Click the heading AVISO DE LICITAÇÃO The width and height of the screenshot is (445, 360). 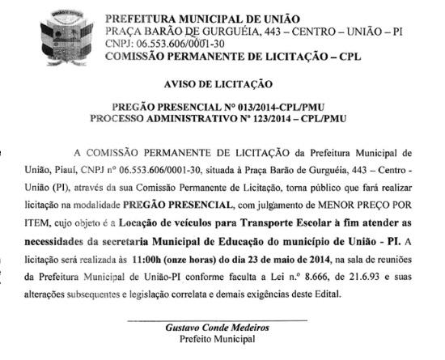point(222,84)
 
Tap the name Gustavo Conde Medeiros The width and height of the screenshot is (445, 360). point(218,328)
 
